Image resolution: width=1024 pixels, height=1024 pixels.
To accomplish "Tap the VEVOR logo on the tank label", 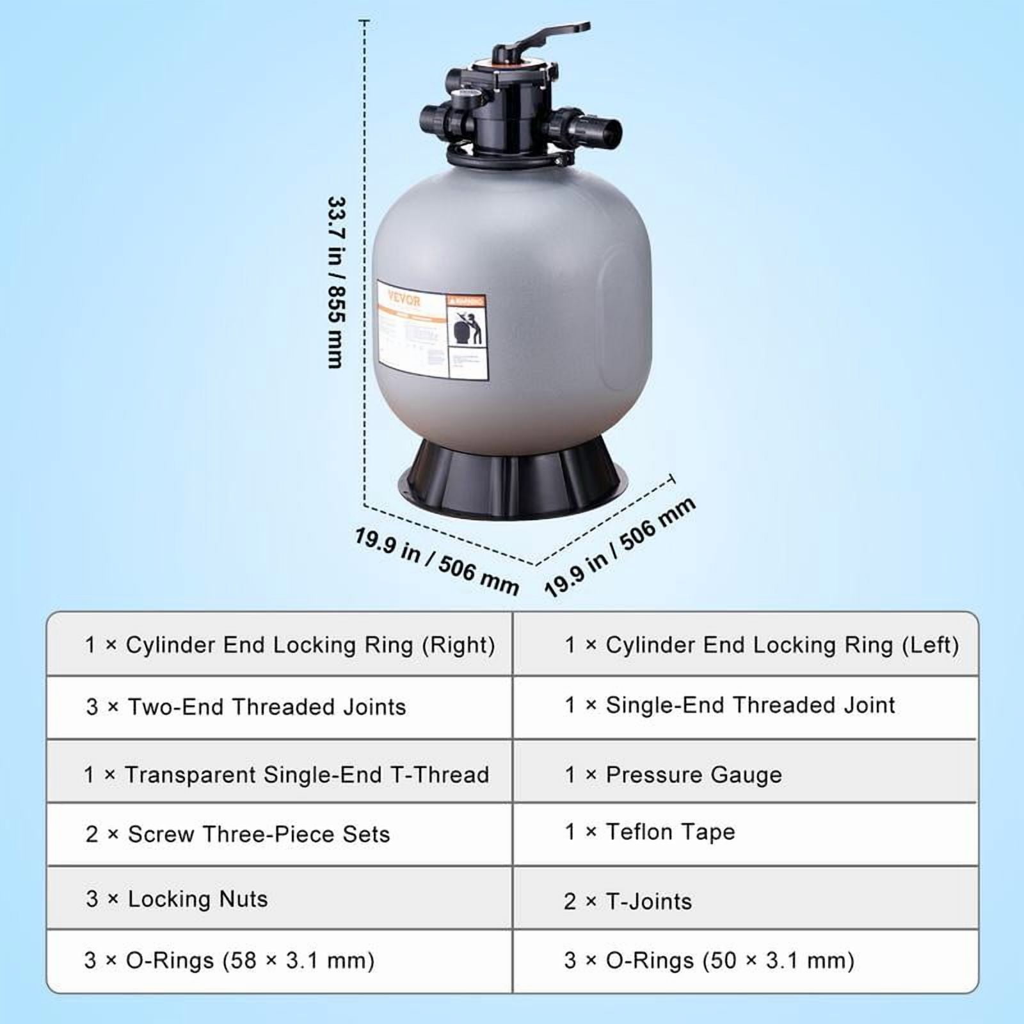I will tap(404, 300).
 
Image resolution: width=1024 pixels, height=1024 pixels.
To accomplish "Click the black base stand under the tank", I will tap(512, 477).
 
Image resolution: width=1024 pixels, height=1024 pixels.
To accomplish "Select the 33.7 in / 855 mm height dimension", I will tap(336, 282).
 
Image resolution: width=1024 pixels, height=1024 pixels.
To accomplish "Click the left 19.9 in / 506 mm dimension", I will tap(436, 561).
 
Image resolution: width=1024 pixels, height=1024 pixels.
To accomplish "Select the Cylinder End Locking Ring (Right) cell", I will tap(290, 645).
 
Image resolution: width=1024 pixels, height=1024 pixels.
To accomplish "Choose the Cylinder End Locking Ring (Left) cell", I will tap(762, 645).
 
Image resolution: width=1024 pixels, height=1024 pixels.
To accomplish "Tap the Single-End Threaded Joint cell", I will tap(730, 705).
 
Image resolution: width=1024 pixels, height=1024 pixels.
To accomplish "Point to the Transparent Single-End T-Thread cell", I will tap(287, 774).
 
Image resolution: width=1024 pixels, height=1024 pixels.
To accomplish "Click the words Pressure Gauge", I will tap(694, 775).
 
